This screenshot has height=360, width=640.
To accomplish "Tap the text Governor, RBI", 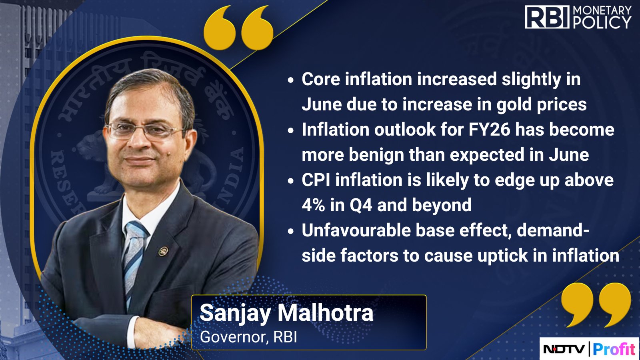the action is [248, 337].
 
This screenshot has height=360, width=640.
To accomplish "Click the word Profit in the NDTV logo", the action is [614, 349].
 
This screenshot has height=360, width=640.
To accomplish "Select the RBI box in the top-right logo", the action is [547, 17].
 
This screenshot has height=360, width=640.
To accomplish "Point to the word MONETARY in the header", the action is [602, 10].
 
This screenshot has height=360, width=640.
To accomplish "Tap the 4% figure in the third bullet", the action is [314, 205].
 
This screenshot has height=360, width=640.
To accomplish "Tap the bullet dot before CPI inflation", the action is [290, 181].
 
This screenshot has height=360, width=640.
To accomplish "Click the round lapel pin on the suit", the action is [164, 251].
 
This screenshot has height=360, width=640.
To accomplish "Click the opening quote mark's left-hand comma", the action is [220, 28].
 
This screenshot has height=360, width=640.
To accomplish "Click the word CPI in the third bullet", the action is [316, 180].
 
